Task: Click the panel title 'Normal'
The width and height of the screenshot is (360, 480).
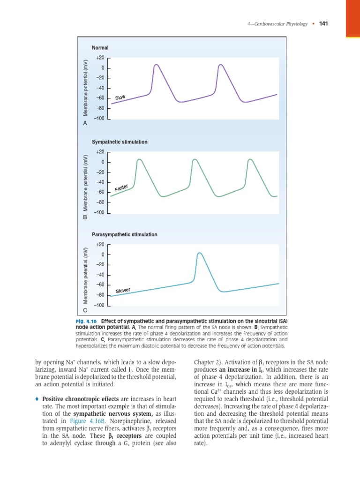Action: (x=100, y=48)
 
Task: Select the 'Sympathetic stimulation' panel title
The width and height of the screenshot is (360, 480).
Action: (x=120, y=142)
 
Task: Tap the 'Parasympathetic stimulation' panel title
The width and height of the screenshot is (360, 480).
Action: (x=125, y=234)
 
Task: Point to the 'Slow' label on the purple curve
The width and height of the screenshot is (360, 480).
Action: (x=120, y=97)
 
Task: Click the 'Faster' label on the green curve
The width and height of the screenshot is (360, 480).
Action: (x=121, y=188)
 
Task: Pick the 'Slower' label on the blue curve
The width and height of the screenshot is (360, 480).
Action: (x=123, y=291)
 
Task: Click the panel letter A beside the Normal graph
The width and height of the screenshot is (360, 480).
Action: (x=85, y=123)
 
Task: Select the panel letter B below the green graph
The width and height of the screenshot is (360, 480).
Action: (x=85, y=217)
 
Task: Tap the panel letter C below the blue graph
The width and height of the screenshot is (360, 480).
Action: (x=85, y=310)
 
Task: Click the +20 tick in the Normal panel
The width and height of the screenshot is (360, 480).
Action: (x=100, y=58)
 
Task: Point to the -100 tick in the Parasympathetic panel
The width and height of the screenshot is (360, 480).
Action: (x=99, y=305)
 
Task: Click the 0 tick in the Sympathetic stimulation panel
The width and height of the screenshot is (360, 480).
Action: (x=102, y=162)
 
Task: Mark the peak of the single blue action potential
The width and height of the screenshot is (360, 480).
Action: (x=199, y=253)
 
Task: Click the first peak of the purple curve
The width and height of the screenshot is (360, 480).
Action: (x=156, y=64)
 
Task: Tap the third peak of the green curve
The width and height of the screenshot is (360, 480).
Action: (x=250, y=160)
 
